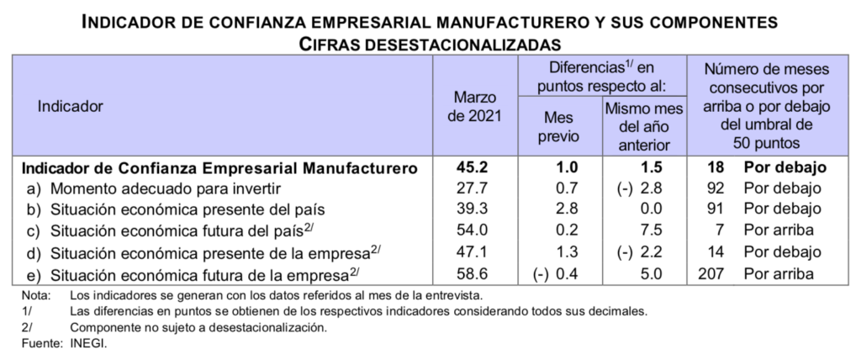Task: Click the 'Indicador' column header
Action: [69, 107]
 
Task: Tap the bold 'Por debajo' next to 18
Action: [782, 167]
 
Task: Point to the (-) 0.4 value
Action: [554, 273]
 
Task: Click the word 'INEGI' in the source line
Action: [89, 344]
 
